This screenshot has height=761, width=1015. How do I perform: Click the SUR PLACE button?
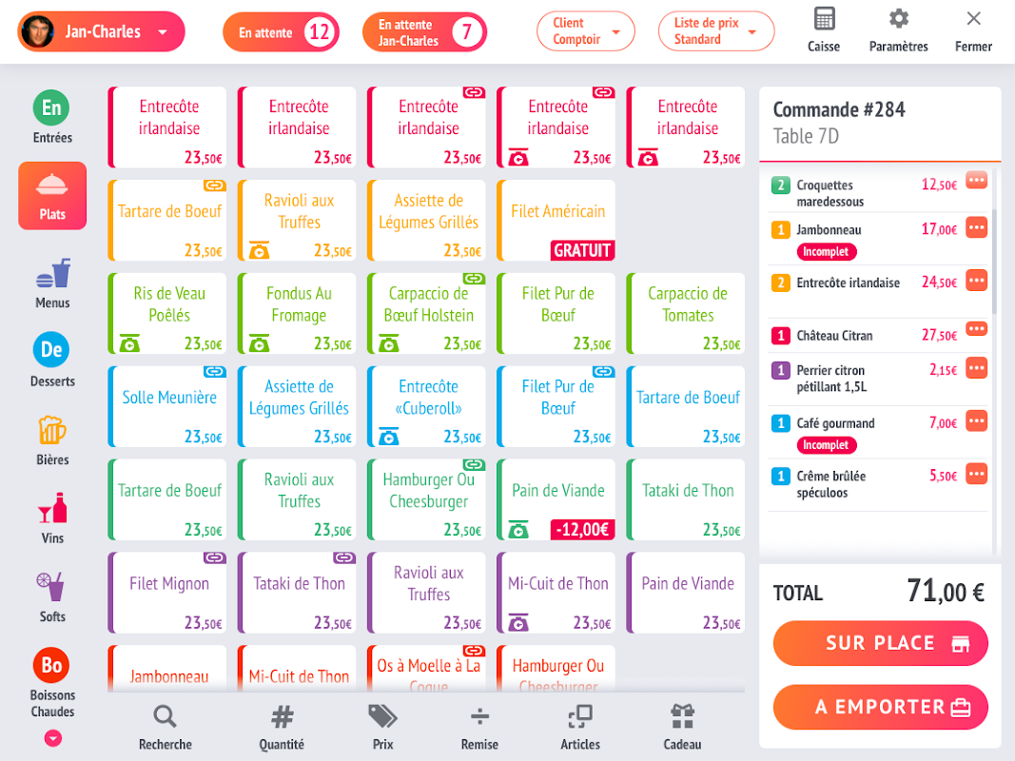tap(880, 644)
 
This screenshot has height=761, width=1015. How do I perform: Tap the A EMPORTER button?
tap(880, 708)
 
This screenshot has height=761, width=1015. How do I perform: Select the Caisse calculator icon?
tap(824, 19)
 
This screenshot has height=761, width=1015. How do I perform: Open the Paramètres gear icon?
tap(898, 19)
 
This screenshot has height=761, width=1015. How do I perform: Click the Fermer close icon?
tap(973, 19)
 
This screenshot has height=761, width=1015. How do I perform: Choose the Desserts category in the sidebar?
tap(51, 350)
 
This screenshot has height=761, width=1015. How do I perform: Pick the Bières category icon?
tap(52, 430)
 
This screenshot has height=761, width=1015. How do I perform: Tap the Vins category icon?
tap(52, 509)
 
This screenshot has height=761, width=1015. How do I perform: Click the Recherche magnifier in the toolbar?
tap(165, 717)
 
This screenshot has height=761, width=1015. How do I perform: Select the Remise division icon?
tap(479, 717)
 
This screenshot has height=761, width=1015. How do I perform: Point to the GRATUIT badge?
tap(583, 250)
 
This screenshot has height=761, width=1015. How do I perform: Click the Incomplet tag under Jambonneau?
tap(827, 252)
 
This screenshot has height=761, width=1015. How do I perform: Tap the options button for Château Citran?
tap(976, 329)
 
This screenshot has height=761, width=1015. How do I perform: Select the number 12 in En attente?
tap(319, 32)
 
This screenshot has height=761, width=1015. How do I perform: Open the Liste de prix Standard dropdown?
tap(715, 31)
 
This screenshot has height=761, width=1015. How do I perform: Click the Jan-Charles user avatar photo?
tap(37, 31)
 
